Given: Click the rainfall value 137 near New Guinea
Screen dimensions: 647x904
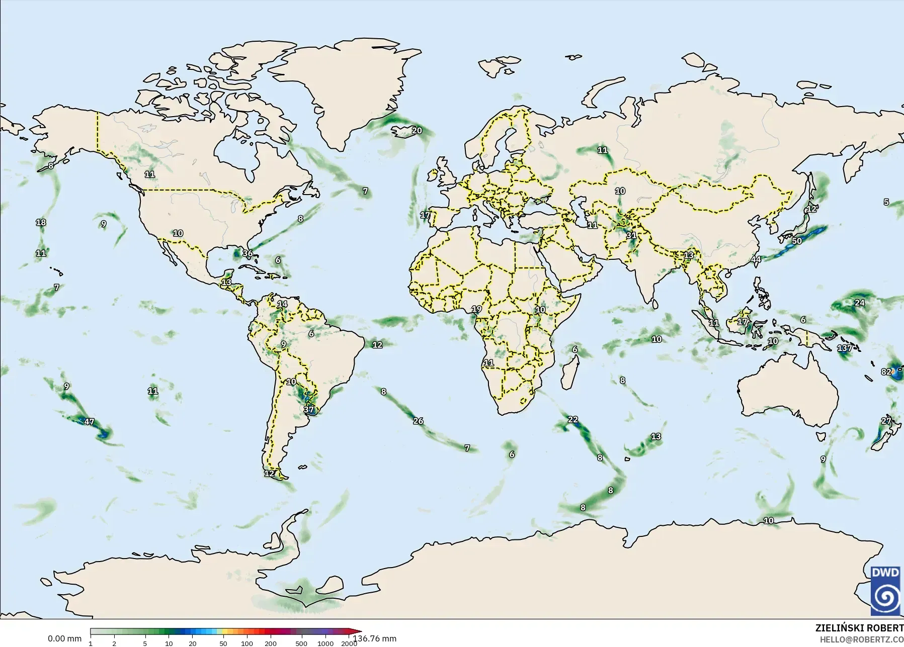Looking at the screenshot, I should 845,348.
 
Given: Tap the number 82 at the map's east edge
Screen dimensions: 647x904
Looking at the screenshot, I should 886,372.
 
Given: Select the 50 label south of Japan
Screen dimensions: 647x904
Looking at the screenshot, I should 796,241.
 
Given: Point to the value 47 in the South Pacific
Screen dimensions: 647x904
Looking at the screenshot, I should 89,421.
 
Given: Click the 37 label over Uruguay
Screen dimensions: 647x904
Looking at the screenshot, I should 309,410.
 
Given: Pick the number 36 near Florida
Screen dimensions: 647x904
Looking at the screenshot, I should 248,253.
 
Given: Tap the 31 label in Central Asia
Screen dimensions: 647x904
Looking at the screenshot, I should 631,235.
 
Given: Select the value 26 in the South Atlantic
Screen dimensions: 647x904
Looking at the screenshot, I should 418,421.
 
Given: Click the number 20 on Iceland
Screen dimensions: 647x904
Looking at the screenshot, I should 417,131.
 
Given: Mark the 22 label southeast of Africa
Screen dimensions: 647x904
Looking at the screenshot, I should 573,419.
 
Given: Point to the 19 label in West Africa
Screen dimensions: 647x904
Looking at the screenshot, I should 476,309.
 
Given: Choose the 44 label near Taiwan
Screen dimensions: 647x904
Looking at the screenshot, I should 756,259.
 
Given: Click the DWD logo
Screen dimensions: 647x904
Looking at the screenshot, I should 886,590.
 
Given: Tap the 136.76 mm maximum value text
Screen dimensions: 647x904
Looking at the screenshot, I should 374,638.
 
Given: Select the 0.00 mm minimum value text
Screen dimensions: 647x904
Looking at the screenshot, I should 64,638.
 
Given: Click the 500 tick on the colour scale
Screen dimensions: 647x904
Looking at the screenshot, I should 301,643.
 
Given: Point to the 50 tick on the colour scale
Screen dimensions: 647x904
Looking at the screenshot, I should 223,643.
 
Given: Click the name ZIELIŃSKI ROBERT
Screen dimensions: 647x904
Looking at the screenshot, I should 859,628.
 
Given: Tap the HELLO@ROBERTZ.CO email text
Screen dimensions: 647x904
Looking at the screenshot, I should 862,639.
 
